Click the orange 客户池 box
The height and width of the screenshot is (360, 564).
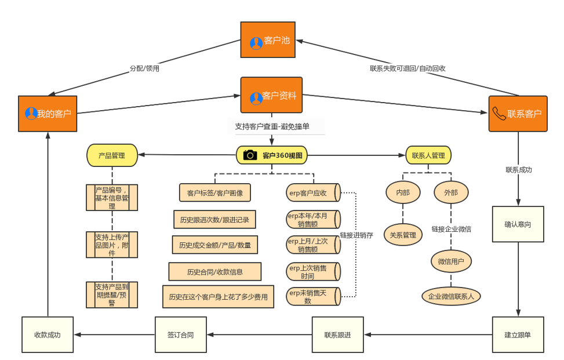[271, 40]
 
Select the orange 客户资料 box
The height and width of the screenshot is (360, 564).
[271, 95]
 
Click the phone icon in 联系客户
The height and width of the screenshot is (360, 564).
[498, 113]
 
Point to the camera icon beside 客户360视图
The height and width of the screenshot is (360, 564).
[250, 155]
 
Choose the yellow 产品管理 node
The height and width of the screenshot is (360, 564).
[112, 155]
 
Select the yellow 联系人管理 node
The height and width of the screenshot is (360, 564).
[428, 155]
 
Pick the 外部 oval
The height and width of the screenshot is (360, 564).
[450, 192]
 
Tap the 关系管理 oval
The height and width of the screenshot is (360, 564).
[403, 235]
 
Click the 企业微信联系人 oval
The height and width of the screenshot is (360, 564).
[451, 296]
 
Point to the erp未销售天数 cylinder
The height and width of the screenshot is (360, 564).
[313, 296]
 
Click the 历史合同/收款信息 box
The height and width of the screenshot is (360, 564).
[215, 271]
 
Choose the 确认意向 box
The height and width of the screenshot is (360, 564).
[518, 224]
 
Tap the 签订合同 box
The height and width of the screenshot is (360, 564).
[180, 334]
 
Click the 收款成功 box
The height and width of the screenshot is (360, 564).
[48, 334]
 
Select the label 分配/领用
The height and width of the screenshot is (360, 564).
[144, 68]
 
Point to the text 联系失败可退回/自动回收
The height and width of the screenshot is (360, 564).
[407, 68]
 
